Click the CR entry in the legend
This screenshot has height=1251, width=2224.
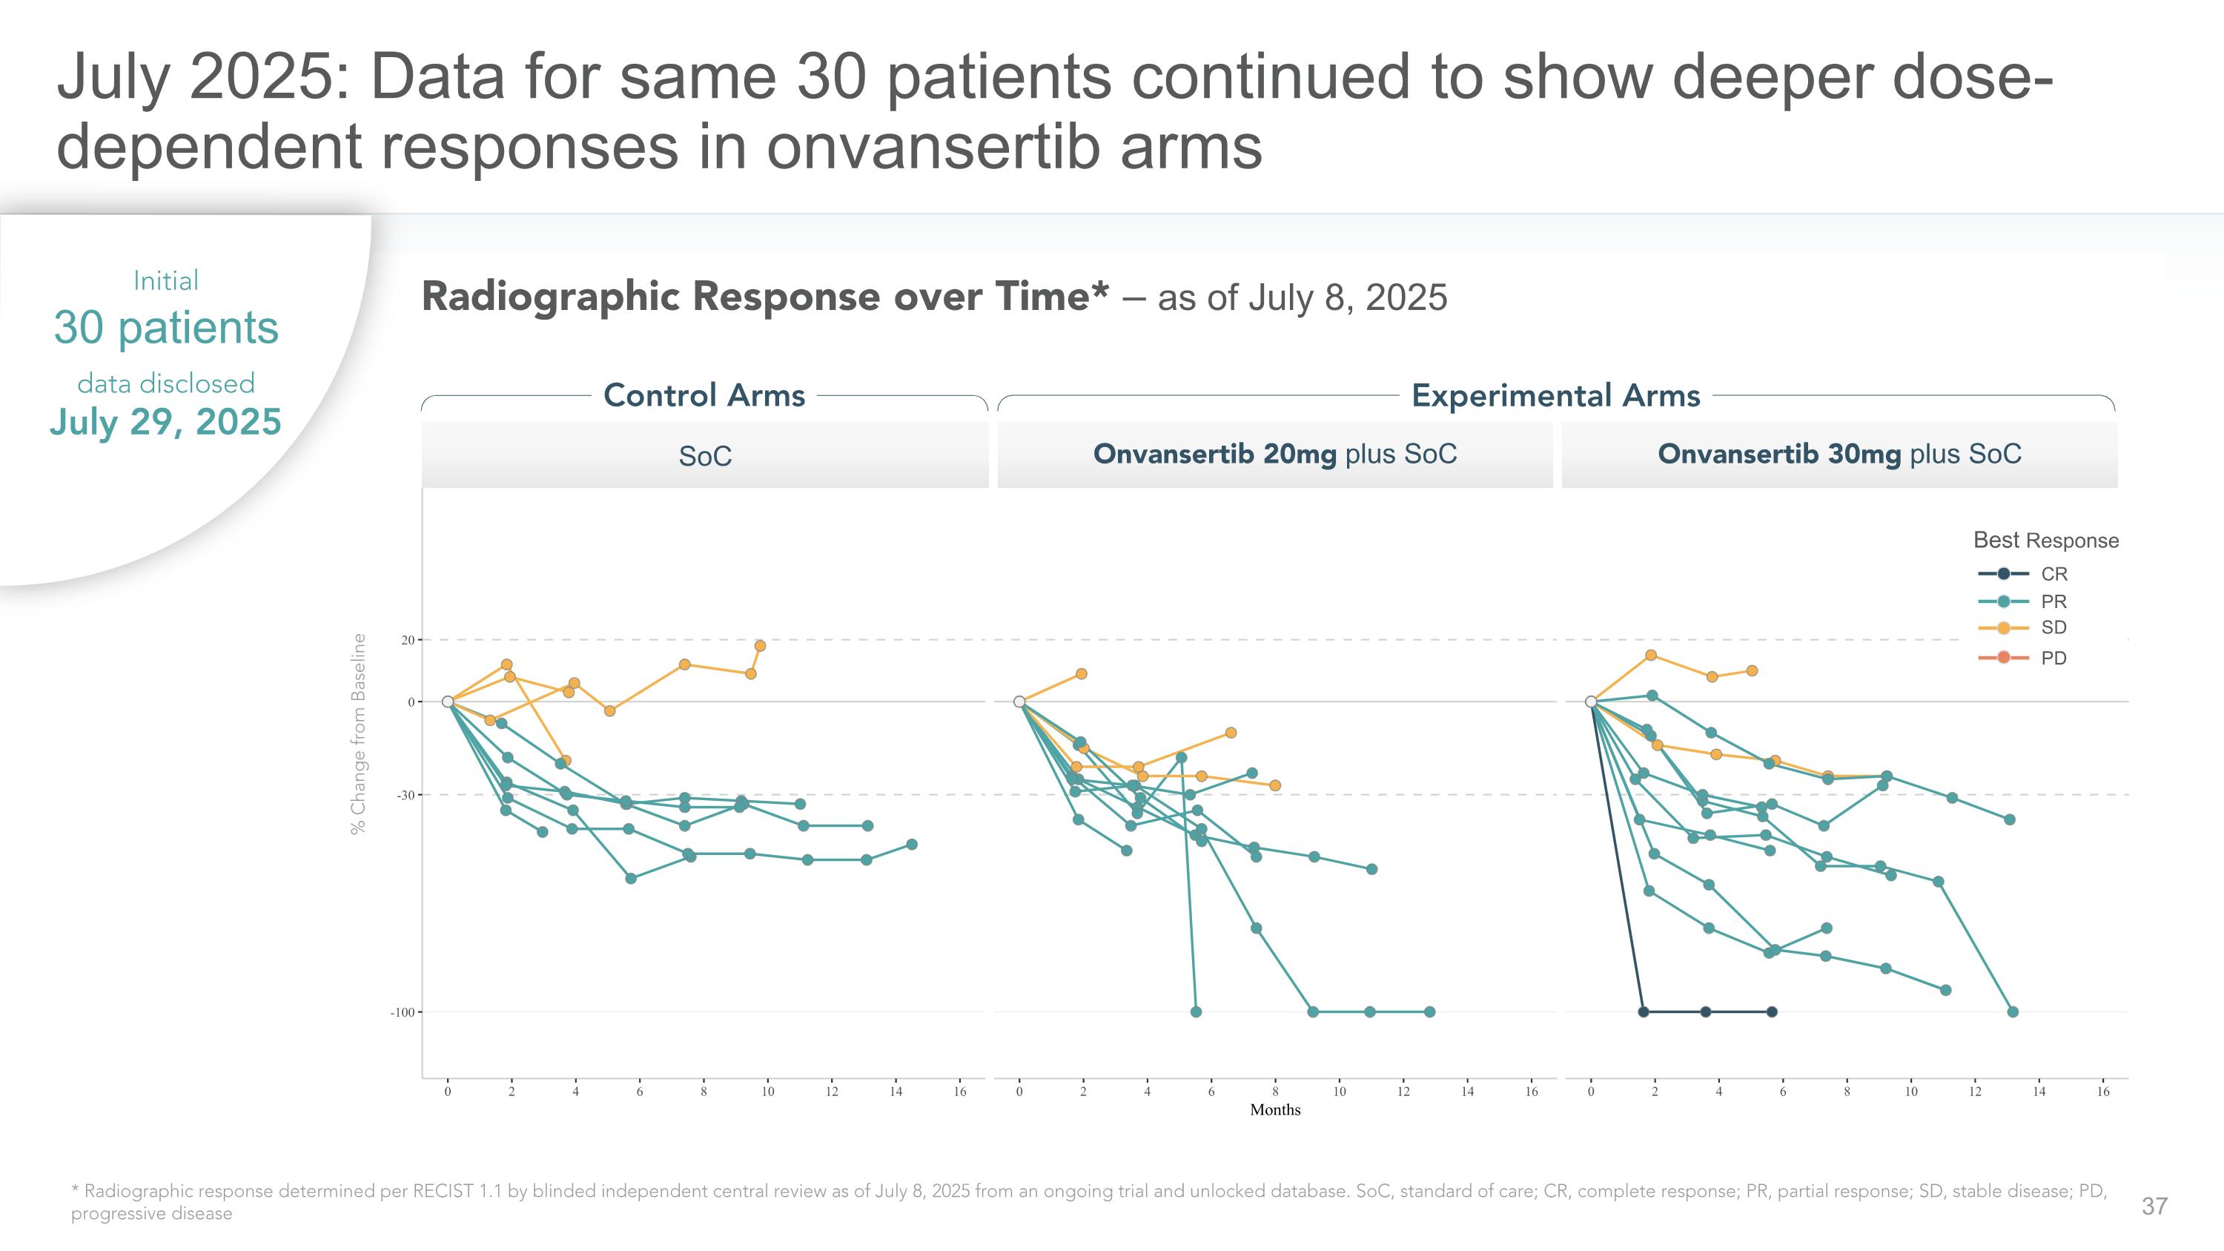point(2053,574)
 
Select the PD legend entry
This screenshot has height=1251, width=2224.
point(2053,658)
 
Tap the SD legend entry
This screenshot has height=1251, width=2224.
point(2053,627)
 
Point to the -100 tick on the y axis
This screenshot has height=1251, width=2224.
point(403,1012)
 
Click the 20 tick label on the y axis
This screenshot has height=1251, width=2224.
point(408,640)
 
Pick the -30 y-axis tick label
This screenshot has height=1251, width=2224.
point(405,795)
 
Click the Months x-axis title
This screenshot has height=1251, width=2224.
point(1274,1110)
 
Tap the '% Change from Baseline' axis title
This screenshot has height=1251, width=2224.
point(358,734)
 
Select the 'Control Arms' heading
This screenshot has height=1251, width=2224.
point(704,395)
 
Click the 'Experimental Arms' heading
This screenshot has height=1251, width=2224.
point(1555,395)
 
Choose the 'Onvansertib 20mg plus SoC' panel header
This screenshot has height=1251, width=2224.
point(1274,454)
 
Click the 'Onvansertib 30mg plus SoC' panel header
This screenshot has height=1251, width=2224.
point(1839,454)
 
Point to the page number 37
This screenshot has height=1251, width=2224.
point(2154,1206)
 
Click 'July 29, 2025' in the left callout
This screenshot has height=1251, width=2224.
point(166,422)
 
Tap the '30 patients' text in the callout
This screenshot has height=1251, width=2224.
point(166,327)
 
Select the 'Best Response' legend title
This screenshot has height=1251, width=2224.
point(2045,541)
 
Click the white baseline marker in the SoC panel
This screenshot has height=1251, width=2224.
point(447,702)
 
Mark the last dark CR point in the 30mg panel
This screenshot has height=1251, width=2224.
point(1772,1012)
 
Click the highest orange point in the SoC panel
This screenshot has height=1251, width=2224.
point(760,646)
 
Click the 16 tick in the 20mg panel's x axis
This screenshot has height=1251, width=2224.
point(1532,1092)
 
